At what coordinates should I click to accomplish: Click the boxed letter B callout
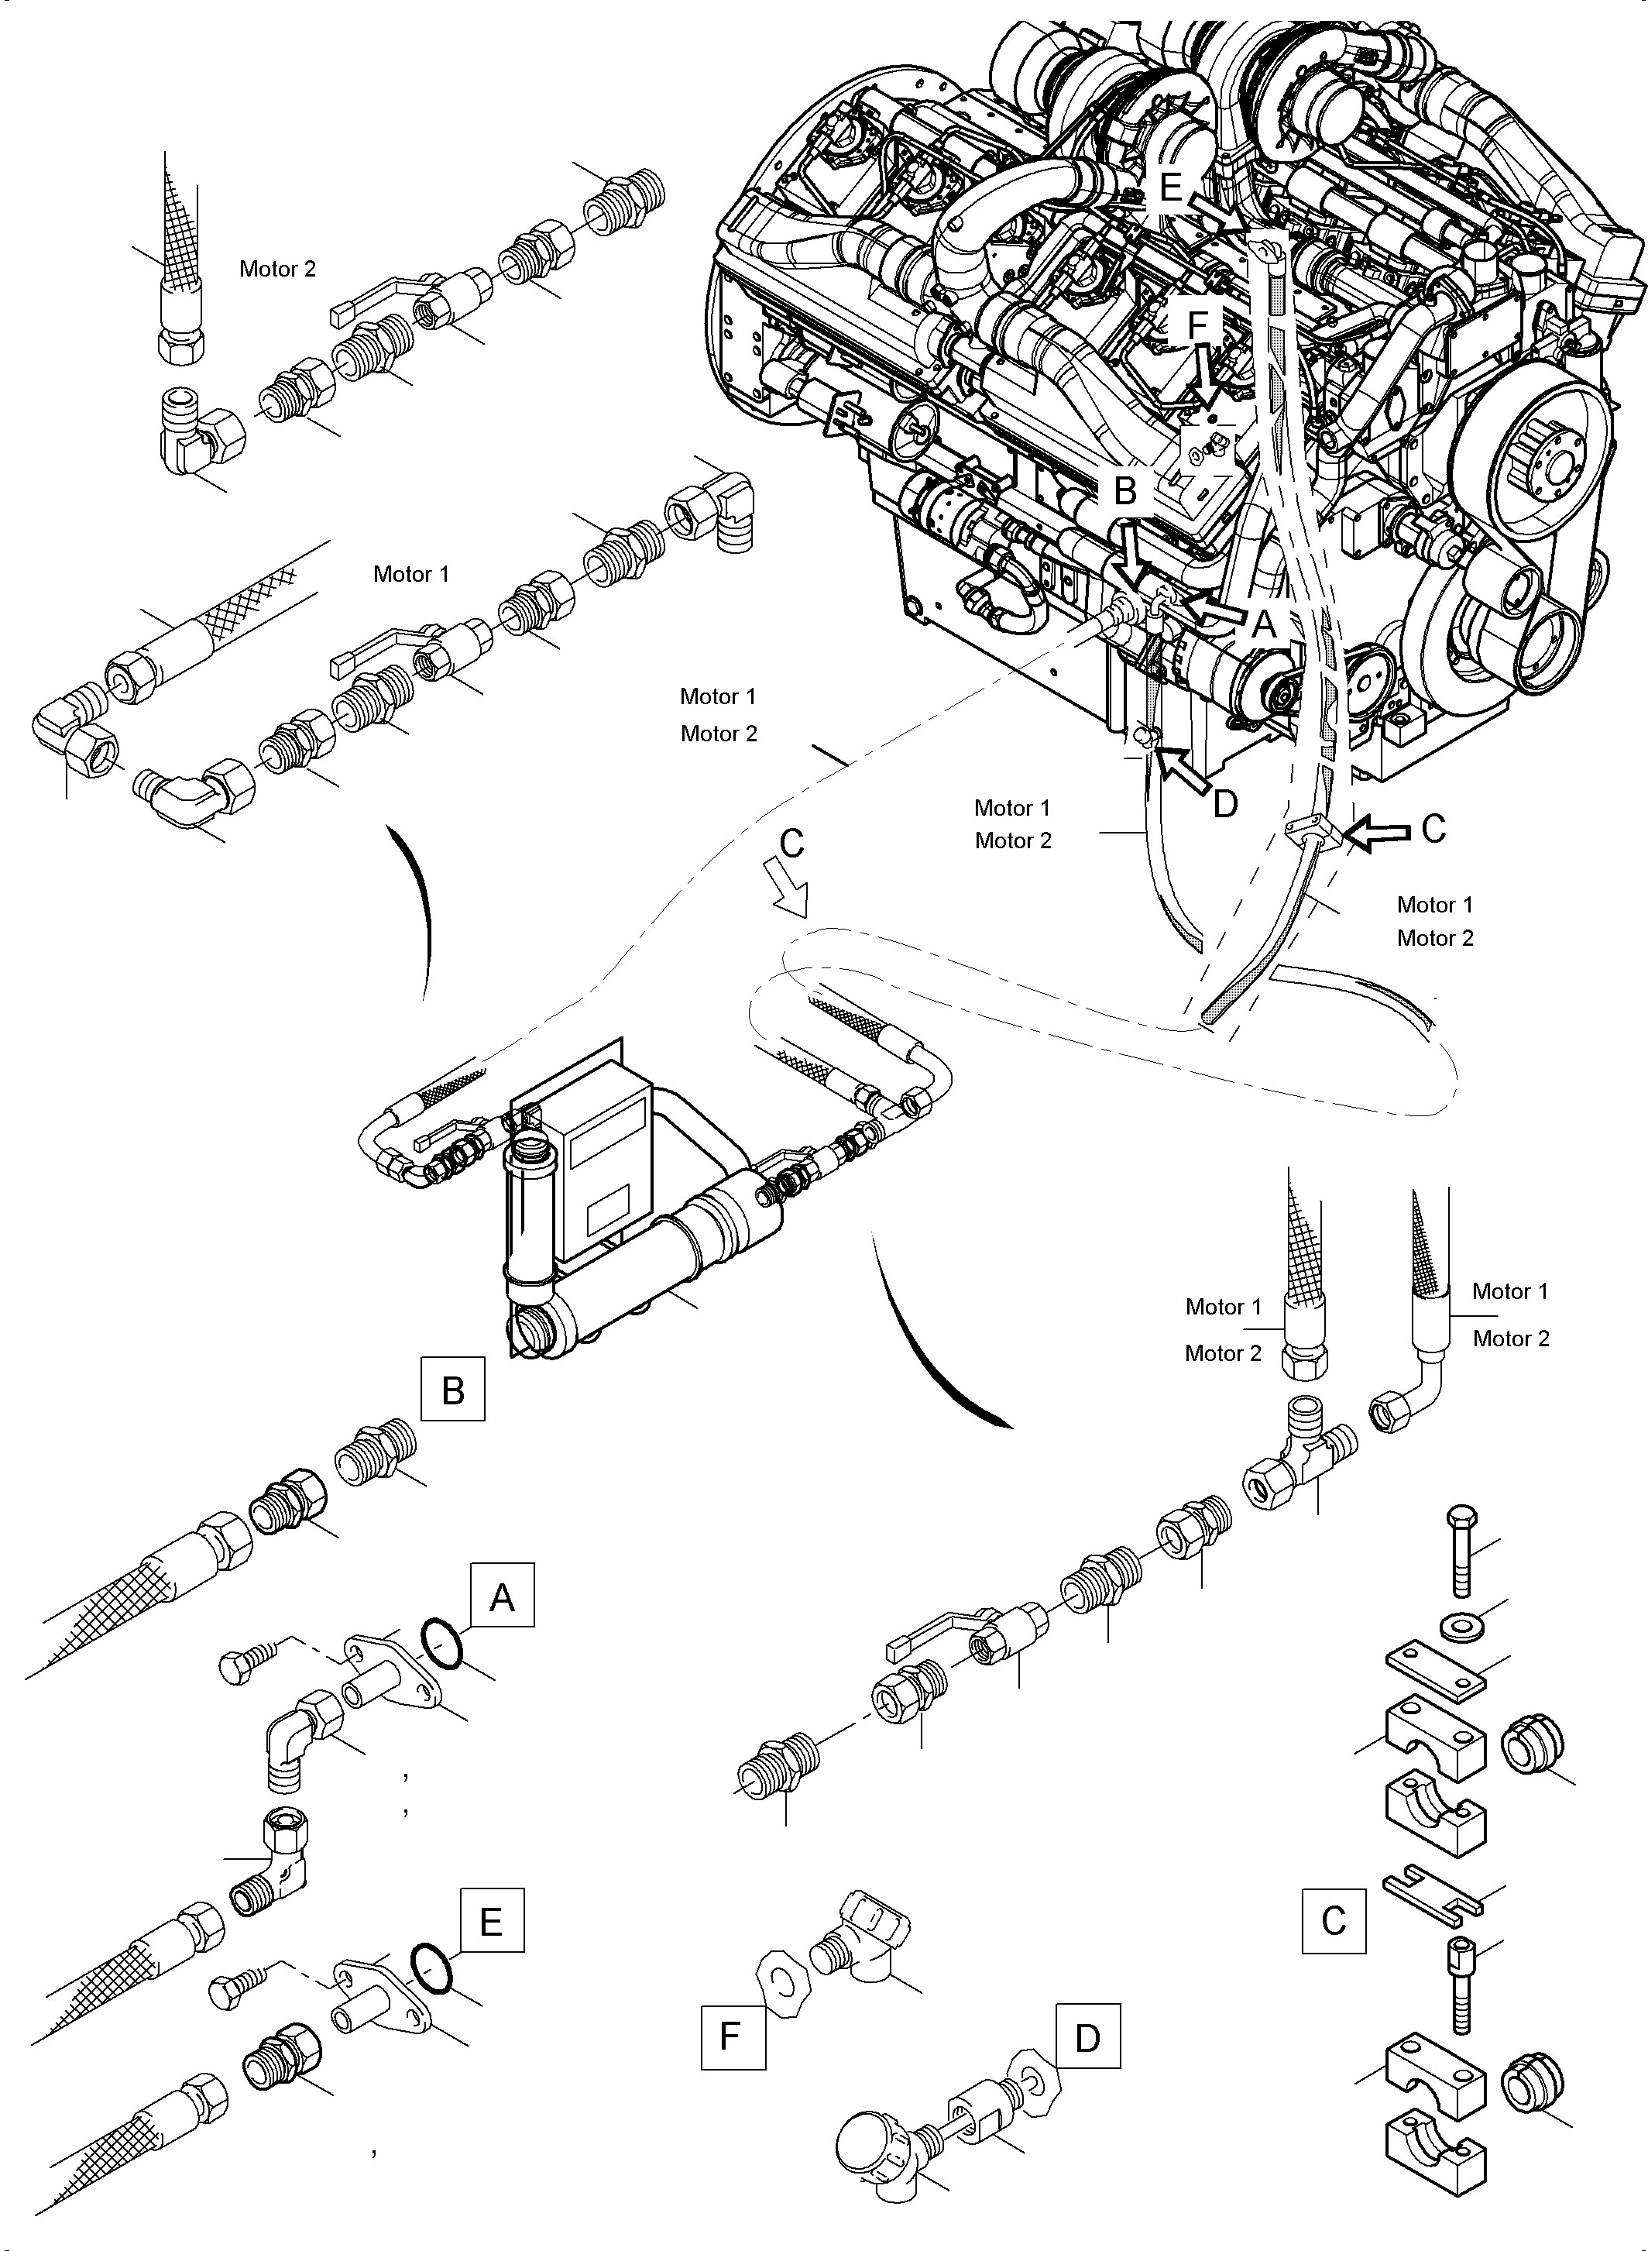click(x=452, y=1388)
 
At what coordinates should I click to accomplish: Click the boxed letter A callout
click(x=502, y=1596)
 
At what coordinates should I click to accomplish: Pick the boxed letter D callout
click(x=1087, y=2036)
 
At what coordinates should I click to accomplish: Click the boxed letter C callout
click(x=1333, y=1921)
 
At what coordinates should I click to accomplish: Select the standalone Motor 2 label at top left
click(x=277, y=269)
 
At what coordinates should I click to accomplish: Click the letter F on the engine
click(x=1198, y=325)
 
